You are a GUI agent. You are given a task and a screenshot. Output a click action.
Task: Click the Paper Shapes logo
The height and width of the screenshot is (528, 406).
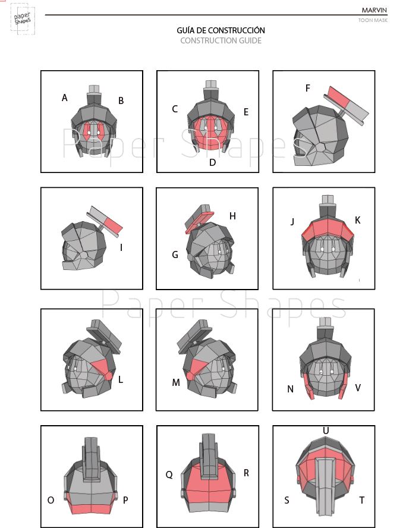(23, 18)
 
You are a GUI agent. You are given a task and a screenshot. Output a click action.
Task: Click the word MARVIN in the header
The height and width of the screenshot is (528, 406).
(374, 10)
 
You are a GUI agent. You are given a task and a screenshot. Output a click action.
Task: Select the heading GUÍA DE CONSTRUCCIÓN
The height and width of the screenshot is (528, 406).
(221, 30)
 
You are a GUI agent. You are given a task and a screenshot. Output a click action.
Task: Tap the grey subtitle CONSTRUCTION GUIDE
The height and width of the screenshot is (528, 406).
(221, 41)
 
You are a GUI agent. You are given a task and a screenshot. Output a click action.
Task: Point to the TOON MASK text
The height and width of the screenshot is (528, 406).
(373, 20)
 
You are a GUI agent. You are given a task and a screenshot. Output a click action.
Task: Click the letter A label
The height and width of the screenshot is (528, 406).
(65, 98)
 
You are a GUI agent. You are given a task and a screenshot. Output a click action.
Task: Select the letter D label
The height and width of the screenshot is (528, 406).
(212, 163)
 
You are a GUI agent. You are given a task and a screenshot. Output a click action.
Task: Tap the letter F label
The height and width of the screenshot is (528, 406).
(308, 88)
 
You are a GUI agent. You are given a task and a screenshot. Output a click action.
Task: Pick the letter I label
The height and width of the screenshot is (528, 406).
(121, 248)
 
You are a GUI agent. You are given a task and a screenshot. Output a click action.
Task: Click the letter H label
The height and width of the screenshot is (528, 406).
(232, 216)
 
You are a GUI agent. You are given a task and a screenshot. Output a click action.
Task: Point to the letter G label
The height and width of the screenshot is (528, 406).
(175, 255)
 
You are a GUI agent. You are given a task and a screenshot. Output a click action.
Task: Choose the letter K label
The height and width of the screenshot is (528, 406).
(357, 220)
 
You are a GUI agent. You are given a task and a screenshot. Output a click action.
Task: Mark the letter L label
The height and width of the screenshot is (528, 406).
(121, 380)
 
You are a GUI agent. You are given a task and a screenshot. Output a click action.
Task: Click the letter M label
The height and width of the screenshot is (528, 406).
(176, 382)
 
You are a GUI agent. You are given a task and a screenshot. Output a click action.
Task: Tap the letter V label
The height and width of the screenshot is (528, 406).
(358, 388)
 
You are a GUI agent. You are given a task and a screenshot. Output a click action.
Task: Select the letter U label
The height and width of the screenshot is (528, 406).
(326, 430)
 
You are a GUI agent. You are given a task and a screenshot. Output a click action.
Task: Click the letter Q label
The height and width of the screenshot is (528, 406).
(169, 475)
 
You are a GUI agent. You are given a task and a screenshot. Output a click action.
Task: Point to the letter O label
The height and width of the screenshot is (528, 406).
(51, 501)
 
